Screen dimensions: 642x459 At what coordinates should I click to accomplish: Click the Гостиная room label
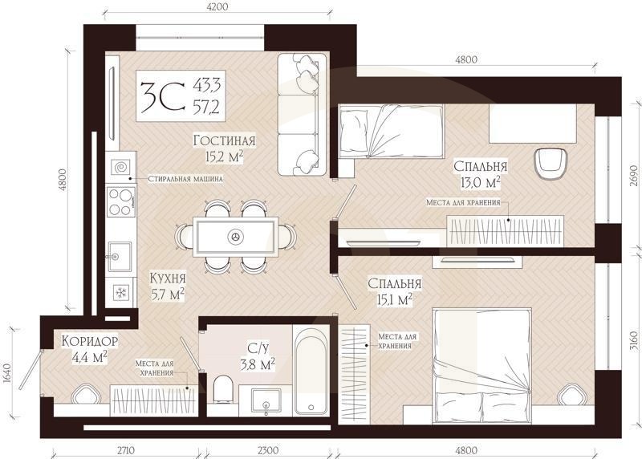pyautogui.click(x=225, y=140)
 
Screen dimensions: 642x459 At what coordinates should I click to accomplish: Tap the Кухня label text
pyautogui.click(x=168, y=278)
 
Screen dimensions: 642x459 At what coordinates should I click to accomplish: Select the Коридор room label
pyautogui.click(x=90, y=341)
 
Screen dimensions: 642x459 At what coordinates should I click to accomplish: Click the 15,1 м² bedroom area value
pyautogui.click(x=394, y=300)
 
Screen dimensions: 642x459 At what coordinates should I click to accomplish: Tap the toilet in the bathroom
pyautogui.click(x=223, y=389)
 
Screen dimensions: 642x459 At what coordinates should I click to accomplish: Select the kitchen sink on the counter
pyautogui.click(x=120, y=256)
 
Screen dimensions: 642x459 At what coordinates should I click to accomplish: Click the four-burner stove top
pyautogui.click(x=121, y=201)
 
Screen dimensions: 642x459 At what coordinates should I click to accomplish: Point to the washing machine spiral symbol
pyautogui.click(x=122, y=168)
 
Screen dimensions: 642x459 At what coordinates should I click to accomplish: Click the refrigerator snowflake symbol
pyautogui.click(x=121, y=292)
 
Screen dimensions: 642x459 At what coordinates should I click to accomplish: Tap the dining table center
pyautogui.click(x=236, y=236)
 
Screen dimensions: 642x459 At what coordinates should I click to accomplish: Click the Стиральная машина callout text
pyautogui.click(x=185, y=179)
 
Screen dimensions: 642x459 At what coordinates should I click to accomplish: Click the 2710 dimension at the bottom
pyautogui.click(x=126, y=451)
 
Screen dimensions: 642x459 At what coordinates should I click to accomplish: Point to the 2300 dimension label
pyautogui.click(x=268, y=451)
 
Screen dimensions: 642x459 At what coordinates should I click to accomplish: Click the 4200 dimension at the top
pyautogui.click(x=217, y=7)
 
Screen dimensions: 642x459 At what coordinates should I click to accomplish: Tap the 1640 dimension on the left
pyautogui.click(x=6, y=373)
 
